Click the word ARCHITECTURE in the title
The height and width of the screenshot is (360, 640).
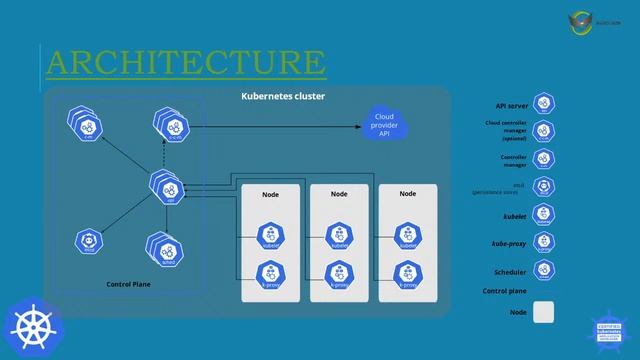pyautogui.click(x=186, y=63)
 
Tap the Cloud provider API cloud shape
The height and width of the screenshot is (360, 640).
pyautogui.click(x=383, y=125)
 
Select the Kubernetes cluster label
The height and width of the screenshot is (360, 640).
pyautogui.click(x=283, y=96)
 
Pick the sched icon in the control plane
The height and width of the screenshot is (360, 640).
pyautogui.click(x=163, y=250)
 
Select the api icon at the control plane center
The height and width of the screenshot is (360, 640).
pyautogui.click(x=165, y=187)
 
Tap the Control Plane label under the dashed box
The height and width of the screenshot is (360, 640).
pyautogui.click(x=127, y=285)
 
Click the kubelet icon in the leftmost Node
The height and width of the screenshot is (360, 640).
pyautogui.click(x=270, y=237)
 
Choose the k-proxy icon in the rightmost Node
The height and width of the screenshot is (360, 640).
pyautogui.click(x=407, y=273)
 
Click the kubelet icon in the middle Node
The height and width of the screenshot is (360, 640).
pyautogui.click(x=339, y=237)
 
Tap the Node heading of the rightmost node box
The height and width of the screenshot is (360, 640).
pyautogui.click(x=408, y=193)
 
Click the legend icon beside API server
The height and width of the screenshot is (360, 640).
pyautogui.click(x=544, y=104)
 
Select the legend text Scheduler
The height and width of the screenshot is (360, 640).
pyautogui.click(x=511, y=272)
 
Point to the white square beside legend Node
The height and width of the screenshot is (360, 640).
pyautogui.click(x=544, y=312)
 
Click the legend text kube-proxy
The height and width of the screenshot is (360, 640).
pyautogui.click(x=510, y=243)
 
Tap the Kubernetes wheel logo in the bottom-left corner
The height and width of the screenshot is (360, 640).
pyautogui.click(x=33, y=327)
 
